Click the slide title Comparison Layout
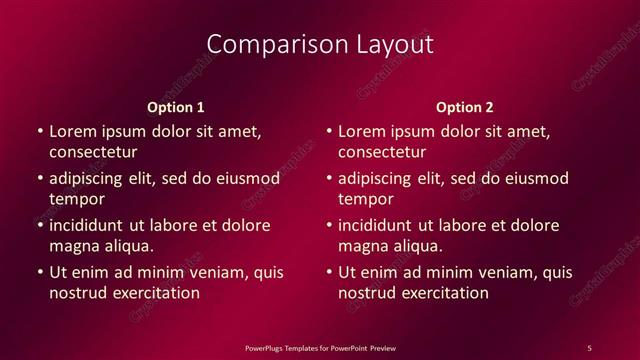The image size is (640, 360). [x=320, y=44]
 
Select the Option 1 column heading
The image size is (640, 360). [x=176, y=105]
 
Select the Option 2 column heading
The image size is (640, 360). [x=465, y=105]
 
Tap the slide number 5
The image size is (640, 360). [x=589, y=346]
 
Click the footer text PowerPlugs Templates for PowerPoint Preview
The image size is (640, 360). [x=320, y=346]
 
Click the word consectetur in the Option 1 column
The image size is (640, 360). [x=93, y=152]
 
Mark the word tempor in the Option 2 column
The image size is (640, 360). [x=367, y=199]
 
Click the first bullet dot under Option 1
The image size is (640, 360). [x=39, y=131]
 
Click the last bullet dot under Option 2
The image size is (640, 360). [x=329, y=272]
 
